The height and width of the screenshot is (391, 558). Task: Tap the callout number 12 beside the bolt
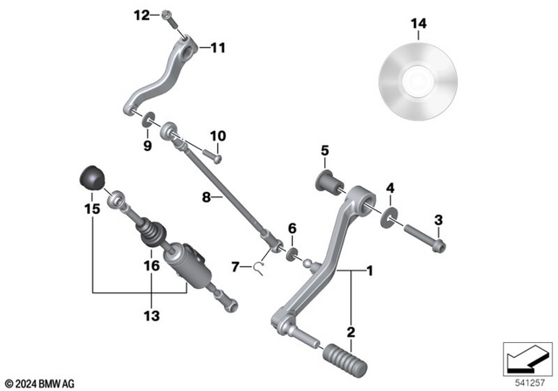click(142, 15)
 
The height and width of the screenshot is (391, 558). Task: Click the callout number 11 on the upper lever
click(216, 48)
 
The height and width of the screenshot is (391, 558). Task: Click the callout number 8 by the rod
click(207, 198)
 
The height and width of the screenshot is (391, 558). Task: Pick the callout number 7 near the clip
click(235, 266)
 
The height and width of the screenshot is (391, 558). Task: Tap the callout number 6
click(292, 228)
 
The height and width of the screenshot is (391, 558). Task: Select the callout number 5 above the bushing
click(323, 150)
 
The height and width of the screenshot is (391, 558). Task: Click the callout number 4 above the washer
click(390, 187)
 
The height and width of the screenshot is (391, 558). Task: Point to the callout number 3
click(439, 218)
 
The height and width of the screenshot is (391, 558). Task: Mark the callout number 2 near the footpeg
click(350, 332)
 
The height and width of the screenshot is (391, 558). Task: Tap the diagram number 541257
click(525, 382)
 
